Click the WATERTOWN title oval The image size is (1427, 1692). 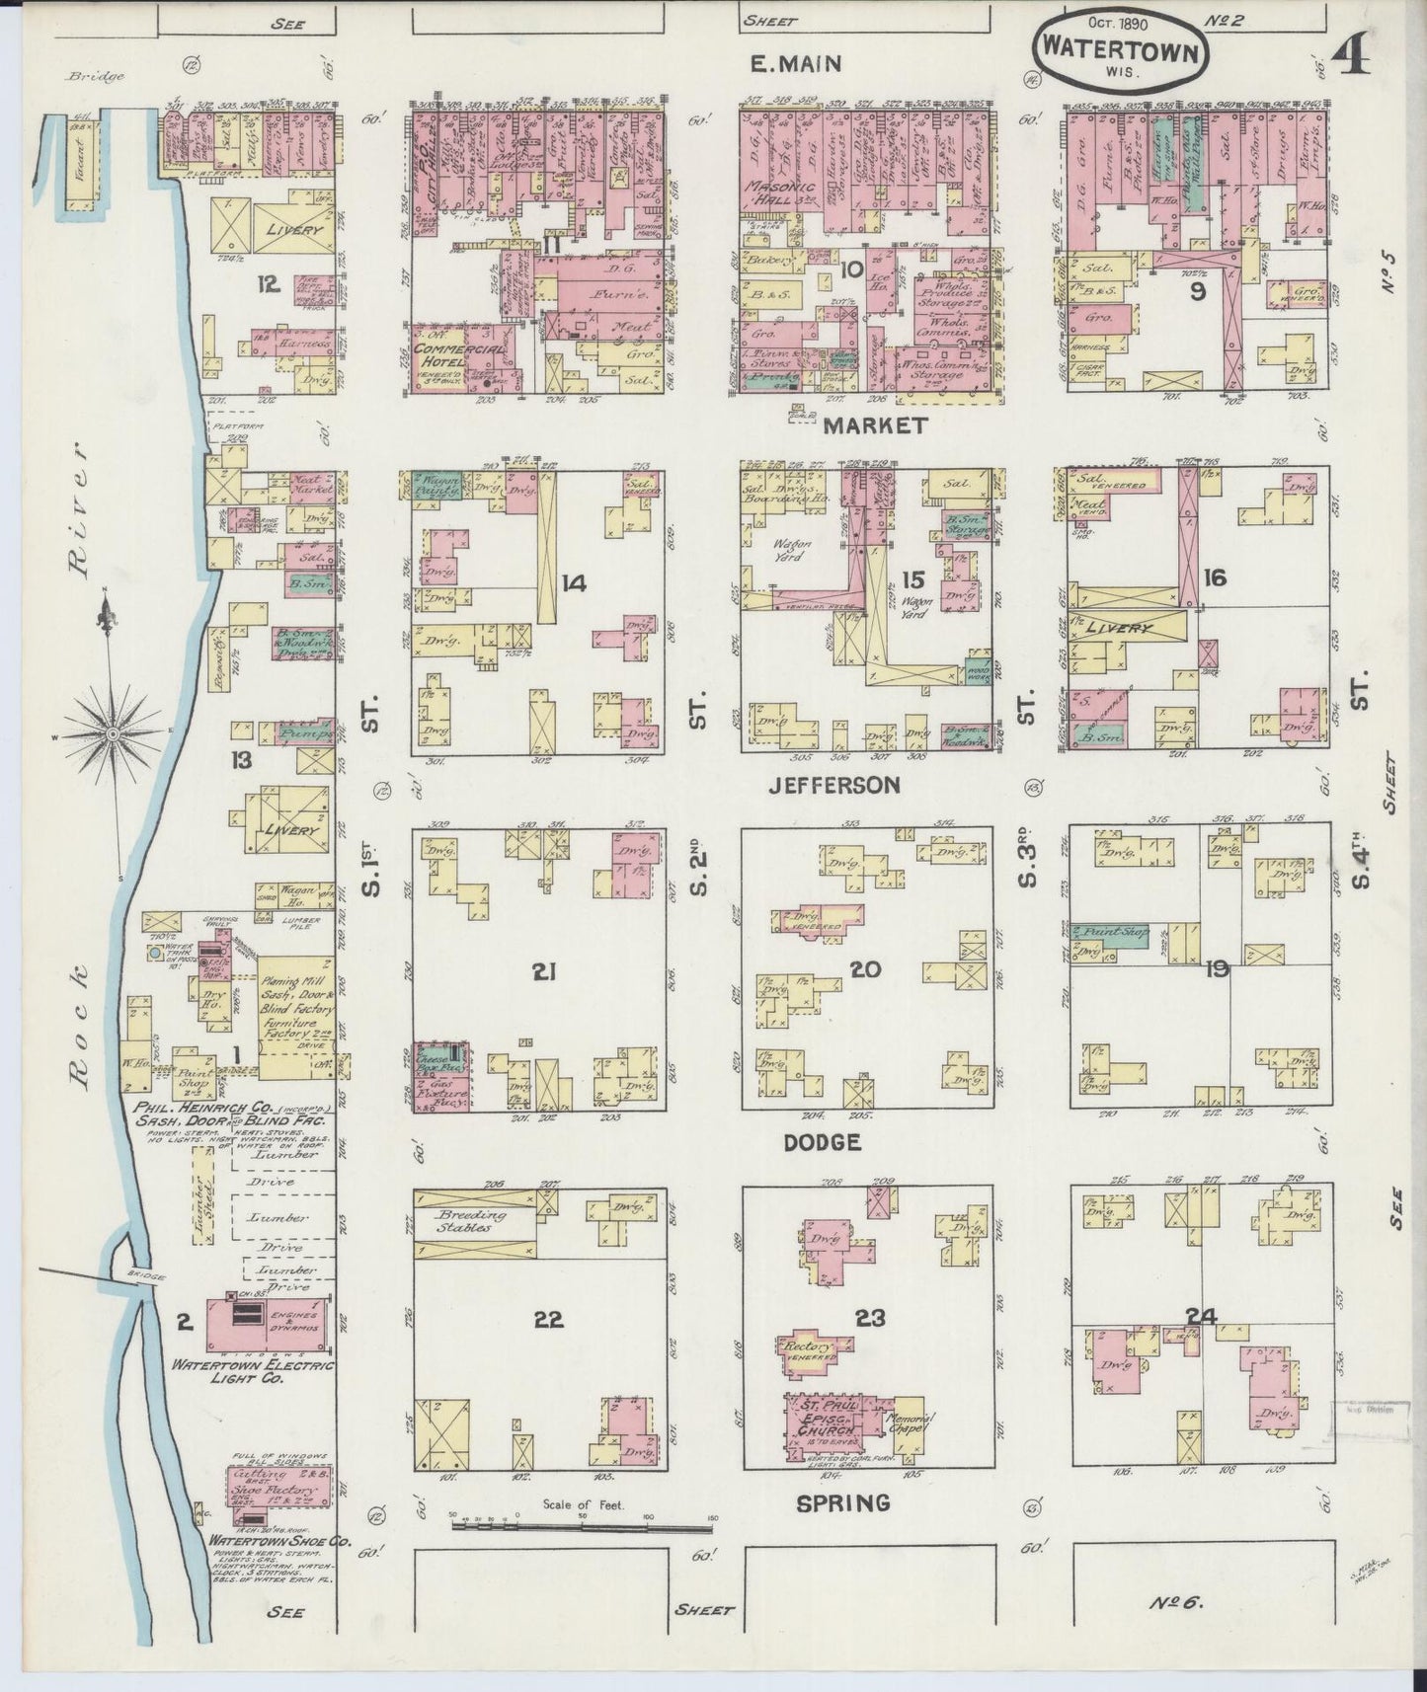coord(1123,49)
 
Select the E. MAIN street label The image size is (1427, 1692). coord(795,65)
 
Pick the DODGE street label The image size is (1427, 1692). coord(822,1142)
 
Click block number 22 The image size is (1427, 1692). coord(548,1321)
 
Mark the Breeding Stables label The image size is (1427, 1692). coord(472,1222)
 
